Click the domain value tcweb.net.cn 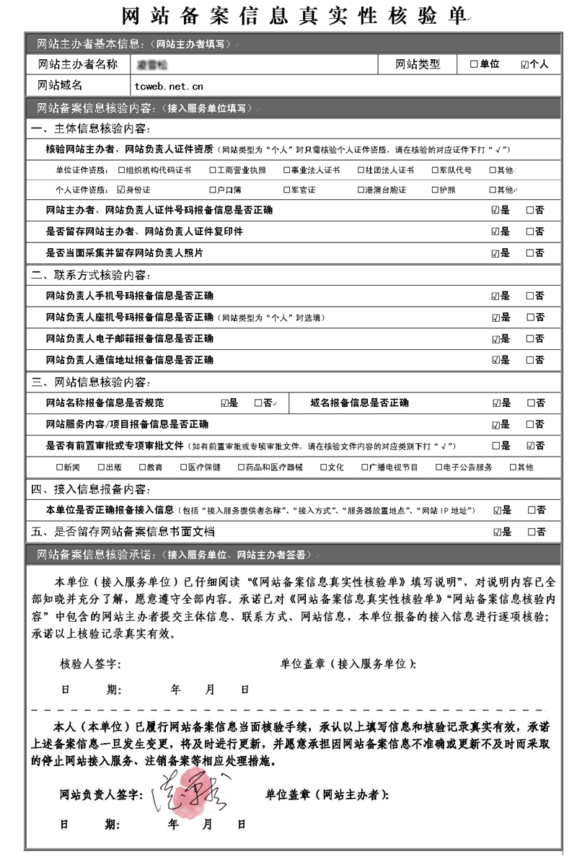[x=169, y=87]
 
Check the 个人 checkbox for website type [x=524, y=64]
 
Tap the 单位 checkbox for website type [x=474, y=64]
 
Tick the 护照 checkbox [x=434, y=190]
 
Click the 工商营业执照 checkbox [x=213, y=170]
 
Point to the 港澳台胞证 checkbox [x=361, y=190]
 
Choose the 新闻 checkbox [x=60, y=467]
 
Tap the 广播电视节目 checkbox [x=365, y=467]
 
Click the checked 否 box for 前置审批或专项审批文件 [x=531, y=445]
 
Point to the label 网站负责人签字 [x=100, y=795]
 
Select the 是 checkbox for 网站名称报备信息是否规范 [x=225, y=403]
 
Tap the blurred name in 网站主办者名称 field [x=151, y=64]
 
